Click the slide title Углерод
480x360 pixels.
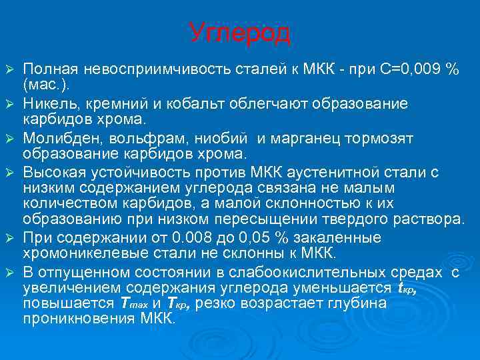[x=239, y=32]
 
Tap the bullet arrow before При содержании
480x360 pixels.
[x=9, y=238]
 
